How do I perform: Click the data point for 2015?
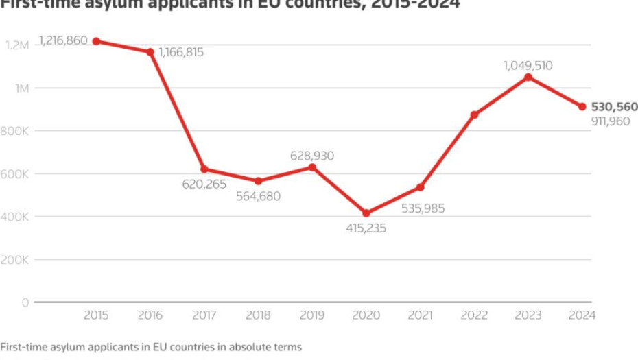pyautogui.click(x=96, y=41)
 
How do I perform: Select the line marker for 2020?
pyautogui.click(x=366, y=213)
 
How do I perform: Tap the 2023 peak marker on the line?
pyautogui.click(x=528, y=77)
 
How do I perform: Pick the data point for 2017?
pyautogui.click(x=204, y=169)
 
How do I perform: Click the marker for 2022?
pyautogui.click(x=474, y=115)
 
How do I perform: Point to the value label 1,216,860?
pyautogui.click(x=63, y=40)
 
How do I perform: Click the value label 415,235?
pyautogui.click(x=366, y=228)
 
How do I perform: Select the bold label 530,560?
pyautogui.click(x=614, y=107)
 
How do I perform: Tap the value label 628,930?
pyautogui.click(x=312, y=156)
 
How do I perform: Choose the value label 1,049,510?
pyautogui.click(x=528, y=66)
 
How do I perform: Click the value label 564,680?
pyautogui.click(x=258, y=196)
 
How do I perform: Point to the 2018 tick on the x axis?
pyautogui.click(x=258, y=315)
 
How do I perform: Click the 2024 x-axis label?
pyautogui.click(x=582, y=315)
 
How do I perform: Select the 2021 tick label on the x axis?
pyautogui.click(x=420, y=315)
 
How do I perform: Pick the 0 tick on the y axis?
pyautogui.click(x=25, y=302)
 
